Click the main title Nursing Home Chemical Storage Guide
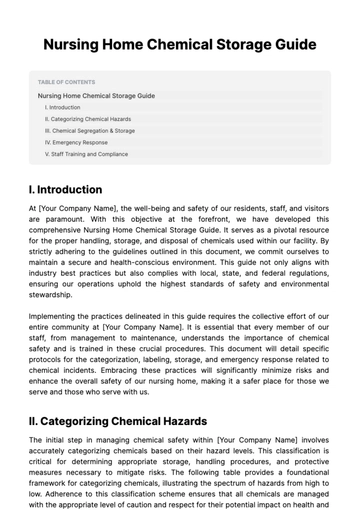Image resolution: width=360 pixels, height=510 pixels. coord(180,45)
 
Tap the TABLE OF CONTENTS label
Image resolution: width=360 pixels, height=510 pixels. coord(67,82)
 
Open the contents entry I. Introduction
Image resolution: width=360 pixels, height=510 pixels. coord(63,107)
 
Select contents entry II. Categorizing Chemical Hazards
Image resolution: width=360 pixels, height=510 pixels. coord(88,119)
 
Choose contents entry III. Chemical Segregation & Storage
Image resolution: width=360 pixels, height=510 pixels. coord(90,131)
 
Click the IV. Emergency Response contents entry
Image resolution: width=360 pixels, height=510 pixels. coord(76,143)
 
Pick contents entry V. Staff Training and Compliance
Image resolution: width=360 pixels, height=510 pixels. coord(86,155)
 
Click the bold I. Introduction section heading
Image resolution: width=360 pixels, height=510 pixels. coord(65,190)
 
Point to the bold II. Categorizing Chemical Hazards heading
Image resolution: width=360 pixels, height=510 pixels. coord(118,422)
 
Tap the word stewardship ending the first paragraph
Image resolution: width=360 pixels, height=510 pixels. coord(52,296)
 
